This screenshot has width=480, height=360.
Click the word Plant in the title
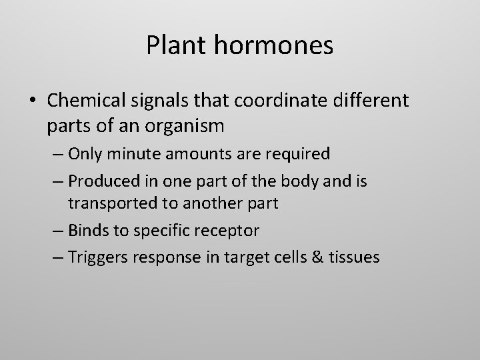coord(175,45)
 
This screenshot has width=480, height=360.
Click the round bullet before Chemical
coord(33,101)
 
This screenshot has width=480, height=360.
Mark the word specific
coord(158,231)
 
